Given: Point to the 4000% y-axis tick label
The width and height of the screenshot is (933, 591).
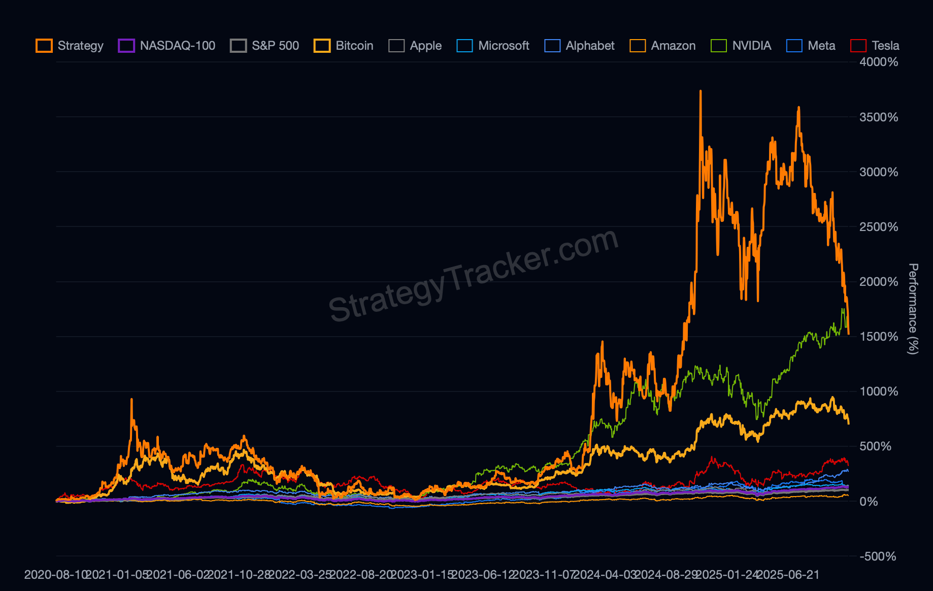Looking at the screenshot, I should click(879, 62).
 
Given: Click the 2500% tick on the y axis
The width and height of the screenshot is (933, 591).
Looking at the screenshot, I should click(879, 227).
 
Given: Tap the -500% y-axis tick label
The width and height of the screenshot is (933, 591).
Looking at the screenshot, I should click(878, 556).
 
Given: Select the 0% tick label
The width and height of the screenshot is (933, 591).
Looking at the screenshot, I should click(869, 502).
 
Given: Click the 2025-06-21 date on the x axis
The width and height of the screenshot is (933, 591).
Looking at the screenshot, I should click(788, 575).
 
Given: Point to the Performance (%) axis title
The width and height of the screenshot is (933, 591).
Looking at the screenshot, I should click(913, 309).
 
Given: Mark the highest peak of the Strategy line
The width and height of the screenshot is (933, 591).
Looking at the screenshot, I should click(701, 91).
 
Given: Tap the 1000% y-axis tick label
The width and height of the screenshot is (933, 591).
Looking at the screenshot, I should click(879, 391).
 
